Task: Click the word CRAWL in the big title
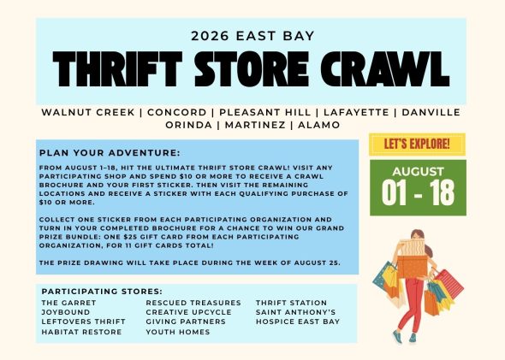click(x=385, y=69)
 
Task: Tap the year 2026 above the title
click(x=210, y=36)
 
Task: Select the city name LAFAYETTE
click(x=356, y=112)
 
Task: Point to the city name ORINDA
click(x=188, y=125)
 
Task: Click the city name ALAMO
click(x=319, y=125)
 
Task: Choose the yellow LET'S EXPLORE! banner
click(x=417, y=145)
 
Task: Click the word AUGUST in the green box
click(x=418, y=172)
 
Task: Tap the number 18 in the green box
click(x=442, y=192)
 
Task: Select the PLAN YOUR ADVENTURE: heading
click(x=110, y=153)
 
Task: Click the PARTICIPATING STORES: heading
click(x=102, y=292)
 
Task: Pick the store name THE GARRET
click(x=68, y=303)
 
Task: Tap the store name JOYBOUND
click(x=66, y=312)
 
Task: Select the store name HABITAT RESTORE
click(x=81, y=332)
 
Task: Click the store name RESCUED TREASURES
click(x=193, y=303)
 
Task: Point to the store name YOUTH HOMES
click(x=178, y=332)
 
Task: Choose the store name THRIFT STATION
click(x=292, y=303)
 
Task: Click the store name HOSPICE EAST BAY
click(x=298, y=322)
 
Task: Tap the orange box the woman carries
click(x=413, y=266)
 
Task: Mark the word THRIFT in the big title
click(x=117, y=69)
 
